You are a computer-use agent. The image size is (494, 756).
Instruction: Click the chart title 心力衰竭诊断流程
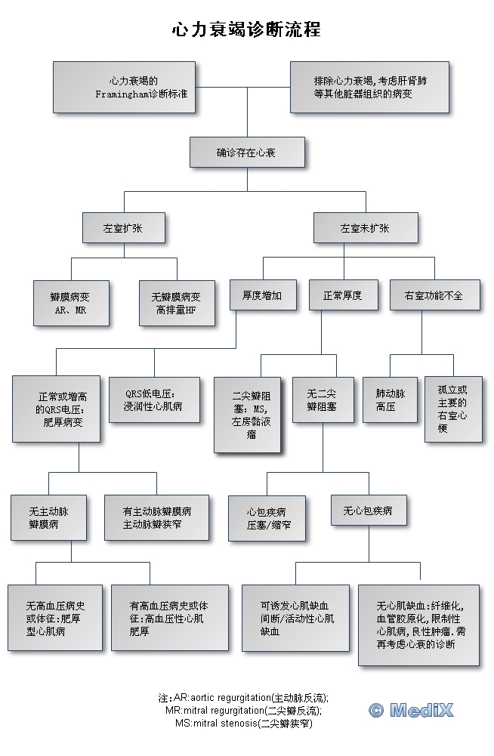click(246, 29)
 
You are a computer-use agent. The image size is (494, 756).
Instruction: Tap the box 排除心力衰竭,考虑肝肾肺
click(369, 87)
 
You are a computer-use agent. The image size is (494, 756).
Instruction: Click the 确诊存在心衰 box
click(246, 152)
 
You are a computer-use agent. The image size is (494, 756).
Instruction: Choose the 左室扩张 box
click(122, 227)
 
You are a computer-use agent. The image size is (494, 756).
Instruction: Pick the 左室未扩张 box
click(365, 227)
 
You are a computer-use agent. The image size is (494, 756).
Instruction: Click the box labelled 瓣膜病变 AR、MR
click(71, 303)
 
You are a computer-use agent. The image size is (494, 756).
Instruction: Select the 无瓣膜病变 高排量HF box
click(176, 303)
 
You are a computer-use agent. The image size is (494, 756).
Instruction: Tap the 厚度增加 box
click(262, 295)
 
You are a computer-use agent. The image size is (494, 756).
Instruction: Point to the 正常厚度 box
click(342, 295)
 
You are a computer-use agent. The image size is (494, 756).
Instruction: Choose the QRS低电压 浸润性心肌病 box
click(153, 400)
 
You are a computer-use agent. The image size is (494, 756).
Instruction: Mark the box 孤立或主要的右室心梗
click(452, 409)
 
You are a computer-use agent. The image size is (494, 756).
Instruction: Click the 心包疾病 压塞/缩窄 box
click(267, 517)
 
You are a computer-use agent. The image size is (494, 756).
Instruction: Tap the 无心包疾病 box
click(368, 511)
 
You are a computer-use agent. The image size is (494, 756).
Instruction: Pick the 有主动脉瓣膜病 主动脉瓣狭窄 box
click(156, 517)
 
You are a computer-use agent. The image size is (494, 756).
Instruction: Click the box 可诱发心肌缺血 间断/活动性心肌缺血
click(295, 618)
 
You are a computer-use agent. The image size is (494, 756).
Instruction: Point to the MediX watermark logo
click(411, 710)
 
